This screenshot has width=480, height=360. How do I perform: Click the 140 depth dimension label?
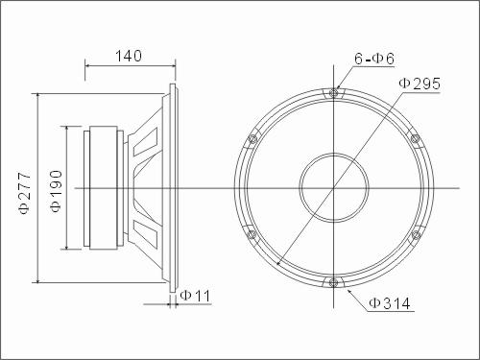[x=129, y=56]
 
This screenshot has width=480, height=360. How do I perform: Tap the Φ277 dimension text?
[x=25, y=193]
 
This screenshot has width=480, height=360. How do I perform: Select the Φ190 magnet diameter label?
[x=56, y=191]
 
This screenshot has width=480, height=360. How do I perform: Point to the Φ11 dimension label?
[x=195, y=296]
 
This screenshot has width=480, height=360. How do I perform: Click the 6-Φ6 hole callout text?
[x=374, y=59]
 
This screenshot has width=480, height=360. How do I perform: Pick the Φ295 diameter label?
[x=420, y=84]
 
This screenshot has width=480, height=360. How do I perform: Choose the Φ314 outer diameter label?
[x=390, y=303]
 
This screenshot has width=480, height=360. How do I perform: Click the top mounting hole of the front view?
[x=333, y=93]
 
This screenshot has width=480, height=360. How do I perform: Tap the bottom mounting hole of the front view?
[x=333, y=282]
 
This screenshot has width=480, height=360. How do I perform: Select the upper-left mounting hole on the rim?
[x=252, y=139]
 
